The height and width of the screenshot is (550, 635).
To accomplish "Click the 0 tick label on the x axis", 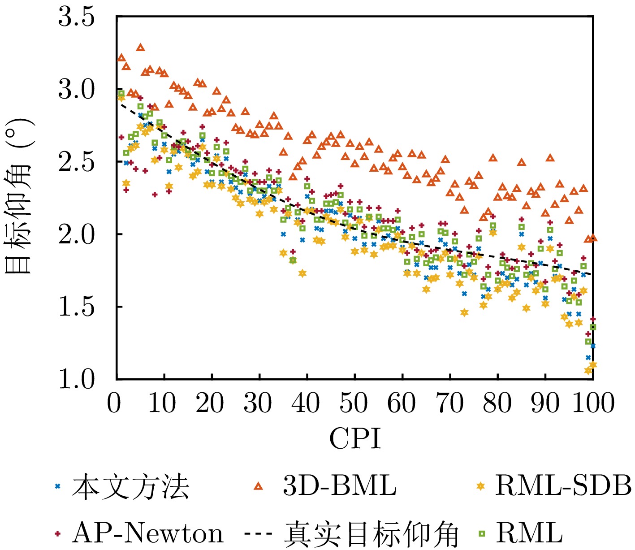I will click(114, 403).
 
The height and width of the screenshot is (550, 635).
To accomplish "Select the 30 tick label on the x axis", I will click(258, 403).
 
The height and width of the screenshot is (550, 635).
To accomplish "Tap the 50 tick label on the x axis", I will click(354, 403).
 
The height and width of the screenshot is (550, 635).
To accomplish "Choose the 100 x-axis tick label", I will click(592, 403).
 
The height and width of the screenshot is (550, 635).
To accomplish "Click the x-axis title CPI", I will click(355, 438).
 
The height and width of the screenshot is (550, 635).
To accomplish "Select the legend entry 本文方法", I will click(130, 487).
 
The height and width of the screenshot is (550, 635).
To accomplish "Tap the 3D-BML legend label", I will click(340, 486).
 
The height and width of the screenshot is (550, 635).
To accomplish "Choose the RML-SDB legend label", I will click(563, 486).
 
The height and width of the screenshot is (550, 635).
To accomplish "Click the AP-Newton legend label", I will click(147, 533).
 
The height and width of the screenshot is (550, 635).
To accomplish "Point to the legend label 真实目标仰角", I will click(371, 534).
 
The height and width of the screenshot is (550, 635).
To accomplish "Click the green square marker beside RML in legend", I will click(482, 533).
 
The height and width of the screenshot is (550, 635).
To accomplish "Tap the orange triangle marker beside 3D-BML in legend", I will click(258, 486).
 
